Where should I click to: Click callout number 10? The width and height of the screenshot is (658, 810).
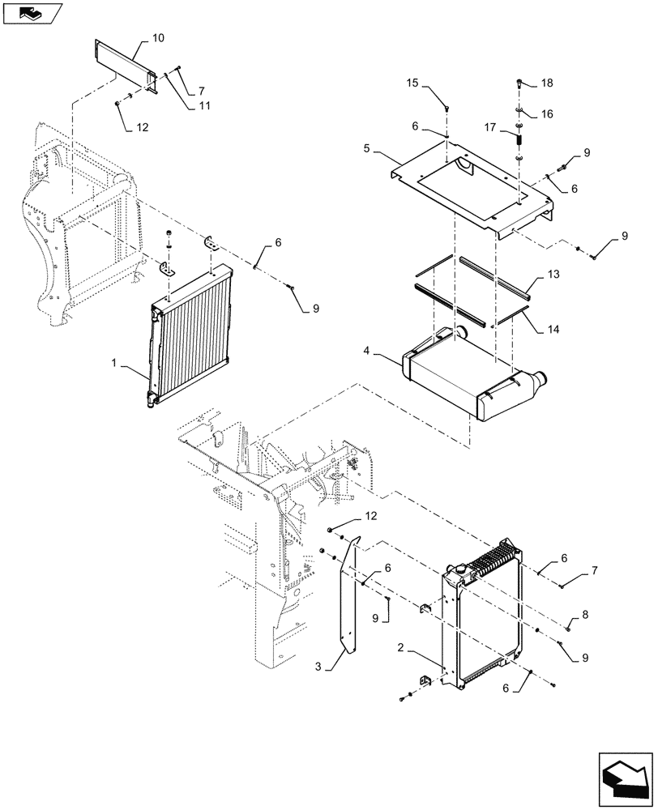(157, 38)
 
